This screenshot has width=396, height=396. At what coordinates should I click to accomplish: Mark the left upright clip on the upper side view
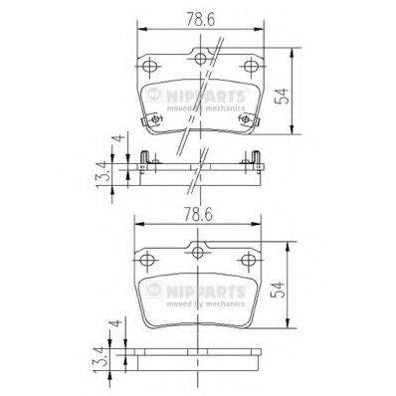click(144, 157)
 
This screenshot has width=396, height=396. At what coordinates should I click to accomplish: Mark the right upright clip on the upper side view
click(256, 157)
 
